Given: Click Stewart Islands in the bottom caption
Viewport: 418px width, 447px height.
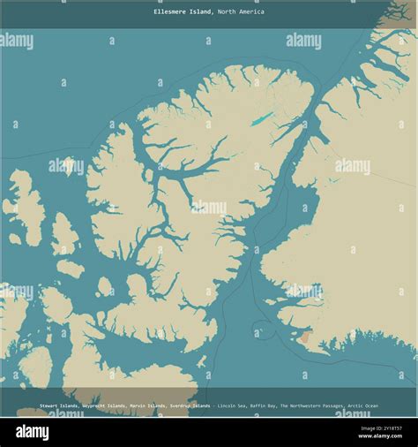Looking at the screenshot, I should [x=59, y=405].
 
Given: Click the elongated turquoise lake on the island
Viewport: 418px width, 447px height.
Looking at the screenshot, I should [x=262, y=118].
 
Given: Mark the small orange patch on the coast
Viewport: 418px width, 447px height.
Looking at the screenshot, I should [x=304, y=337].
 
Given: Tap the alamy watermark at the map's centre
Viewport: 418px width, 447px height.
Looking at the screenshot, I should [x=209, y=208].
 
